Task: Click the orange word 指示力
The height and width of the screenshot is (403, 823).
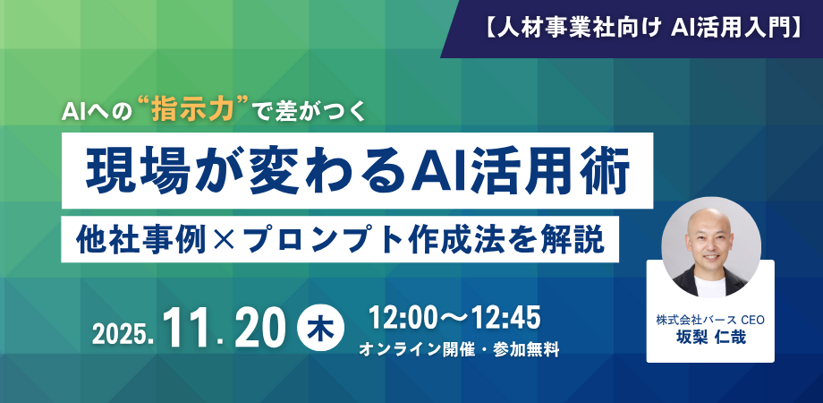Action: pos(192,110)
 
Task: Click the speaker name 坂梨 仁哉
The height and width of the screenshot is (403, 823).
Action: pos(710,336)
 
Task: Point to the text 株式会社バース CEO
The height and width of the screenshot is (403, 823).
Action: pos(710,319)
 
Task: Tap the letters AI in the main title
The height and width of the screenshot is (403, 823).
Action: pos(434,170)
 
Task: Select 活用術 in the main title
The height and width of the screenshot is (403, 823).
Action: pos(544,170)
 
